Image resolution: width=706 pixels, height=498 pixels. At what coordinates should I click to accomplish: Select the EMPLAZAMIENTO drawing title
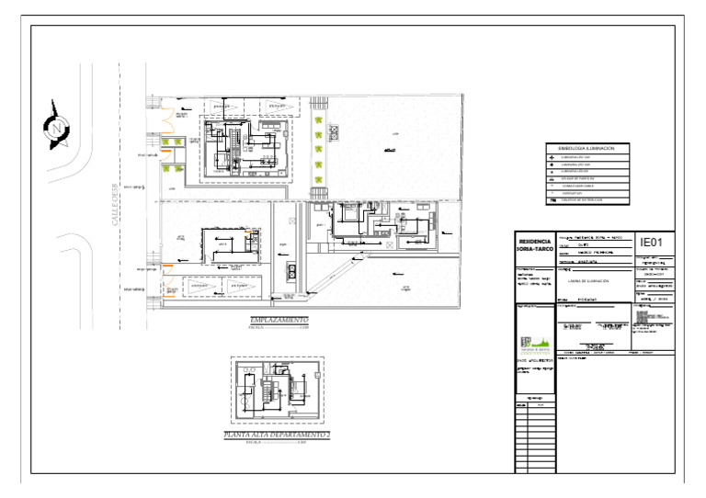[x=280, y=319]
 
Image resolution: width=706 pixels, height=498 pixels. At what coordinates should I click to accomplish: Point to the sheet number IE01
[x=651, y=242]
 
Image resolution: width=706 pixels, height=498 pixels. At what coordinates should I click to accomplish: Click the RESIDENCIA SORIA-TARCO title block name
[x=535, y=248]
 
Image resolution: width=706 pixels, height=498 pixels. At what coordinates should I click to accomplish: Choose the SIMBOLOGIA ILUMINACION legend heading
[x=586, y=147]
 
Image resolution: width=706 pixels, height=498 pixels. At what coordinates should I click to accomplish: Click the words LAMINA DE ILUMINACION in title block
[x=589, y=280]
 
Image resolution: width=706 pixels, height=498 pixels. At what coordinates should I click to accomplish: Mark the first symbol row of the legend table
[x=586, y=157]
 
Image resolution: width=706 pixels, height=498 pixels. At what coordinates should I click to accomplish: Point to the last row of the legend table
[x=586, y=199]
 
